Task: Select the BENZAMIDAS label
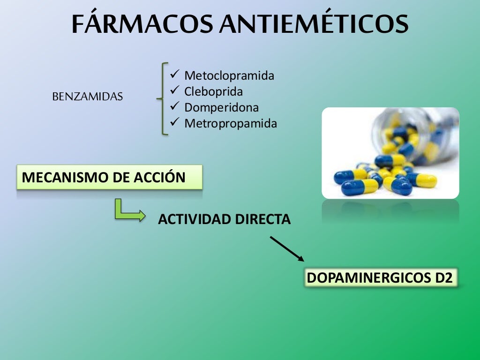[88, 97]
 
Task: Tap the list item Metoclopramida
[229, 75]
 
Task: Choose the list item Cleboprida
[213, 91]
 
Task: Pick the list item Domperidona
[221, 107]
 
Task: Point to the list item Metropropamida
[230, 123]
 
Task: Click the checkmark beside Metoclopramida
[174, 75]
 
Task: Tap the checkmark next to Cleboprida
[174, 90]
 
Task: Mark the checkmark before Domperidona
[174, 106]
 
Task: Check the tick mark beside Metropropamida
[174, 122]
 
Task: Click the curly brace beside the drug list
[162, 98]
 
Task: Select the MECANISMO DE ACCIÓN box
[109, 177]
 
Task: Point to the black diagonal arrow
[287, 248]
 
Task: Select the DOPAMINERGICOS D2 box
[380, 277]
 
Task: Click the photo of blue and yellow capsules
[390, 153]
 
